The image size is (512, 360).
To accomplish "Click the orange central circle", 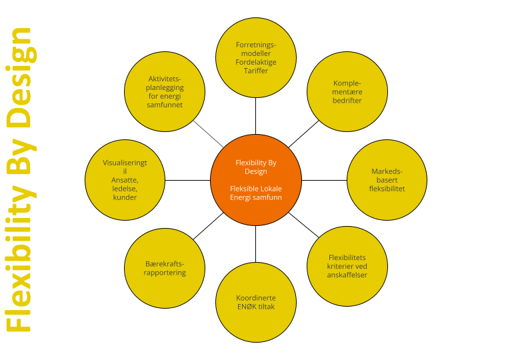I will tap(256, 180).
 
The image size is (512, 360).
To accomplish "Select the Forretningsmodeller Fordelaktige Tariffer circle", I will tap(256, 57).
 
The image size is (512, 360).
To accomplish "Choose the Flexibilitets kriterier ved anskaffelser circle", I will tap(347, 266).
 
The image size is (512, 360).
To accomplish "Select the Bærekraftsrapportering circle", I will tap(165, 268).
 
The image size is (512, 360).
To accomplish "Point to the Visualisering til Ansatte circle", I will tap(125, 180).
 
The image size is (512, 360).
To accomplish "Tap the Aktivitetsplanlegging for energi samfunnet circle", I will tap(165, 92).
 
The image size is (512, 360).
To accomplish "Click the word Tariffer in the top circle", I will tap(256, 71).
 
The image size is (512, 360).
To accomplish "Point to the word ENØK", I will tap(249, 307).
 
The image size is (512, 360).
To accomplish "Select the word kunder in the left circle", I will tap(125, 197).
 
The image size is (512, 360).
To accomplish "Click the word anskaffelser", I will tap(347, 275).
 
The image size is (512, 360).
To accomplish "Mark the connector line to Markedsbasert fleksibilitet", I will tap(325, 180).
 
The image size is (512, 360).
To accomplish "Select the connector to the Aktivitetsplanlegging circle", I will tap(209, 134).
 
